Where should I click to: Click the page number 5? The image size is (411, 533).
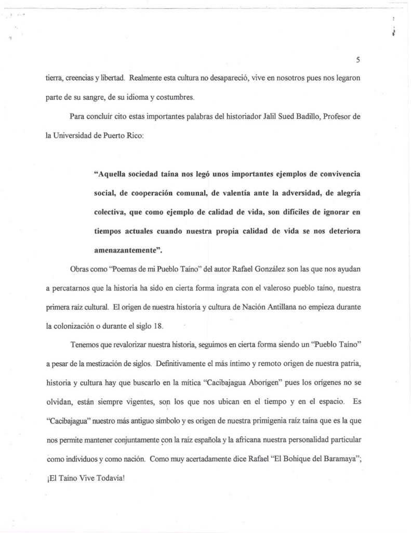click(358, 60)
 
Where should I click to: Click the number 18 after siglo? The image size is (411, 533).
click(156, 327)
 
